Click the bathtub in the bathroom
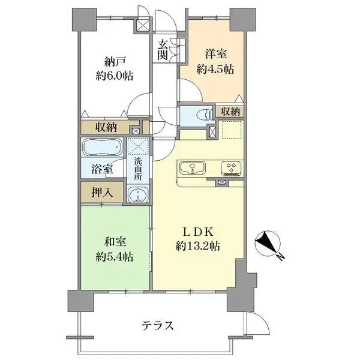[101, 148]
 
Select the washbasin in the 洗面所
[139, 194]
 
